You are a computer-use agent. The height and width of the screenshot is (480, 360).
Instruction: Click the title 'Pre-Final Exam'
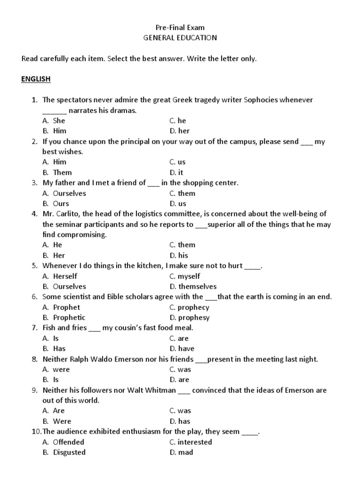coord(180,28)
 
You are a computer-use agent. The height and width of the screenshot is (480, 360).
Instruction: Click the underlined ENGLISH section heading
coord(36,79)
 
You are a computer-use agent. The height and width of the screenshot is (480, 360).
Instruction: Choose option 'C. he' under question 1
coord(178,120)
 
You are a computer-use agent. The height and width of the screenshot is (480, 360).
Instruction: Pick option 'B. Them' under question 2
coord(57,172)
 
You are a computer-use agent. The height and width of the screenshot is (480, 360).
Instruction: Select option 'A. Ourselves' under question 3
coord(64,193)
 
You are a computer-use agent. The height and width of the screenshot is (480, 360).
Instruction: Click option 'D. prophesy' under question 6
coord(189,317)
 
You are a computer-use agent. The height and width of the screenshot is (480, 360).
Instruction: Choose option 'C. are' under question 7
coord(179,338)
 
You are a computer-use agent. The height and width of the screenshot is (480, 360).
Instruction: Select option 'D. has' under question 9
coord(180,421)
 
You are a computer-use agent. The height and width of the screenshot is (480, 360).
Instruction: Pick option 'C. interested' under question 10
coord(190,442)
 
